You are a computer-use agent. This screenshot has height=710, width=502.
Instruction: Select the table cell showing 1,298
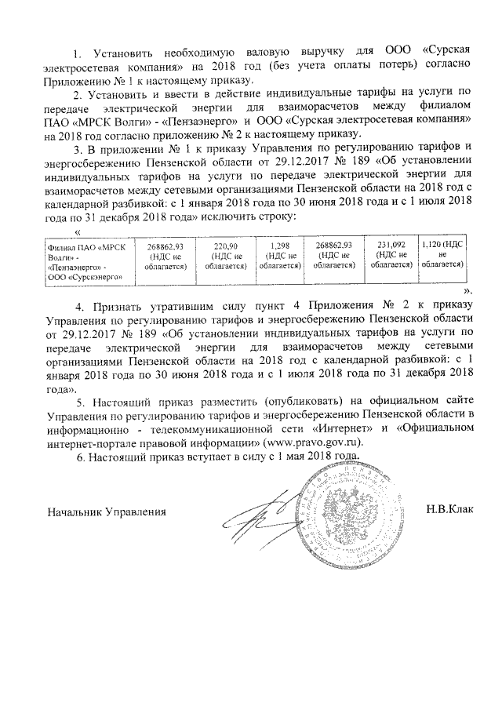(x=281, y=257)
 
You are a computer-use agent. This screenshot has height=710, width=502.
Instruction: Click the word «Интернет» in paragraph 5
(x=343, y=428)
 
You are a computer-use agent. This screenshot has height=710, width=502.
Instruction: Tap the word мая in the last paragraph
(x=287, y=457)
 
